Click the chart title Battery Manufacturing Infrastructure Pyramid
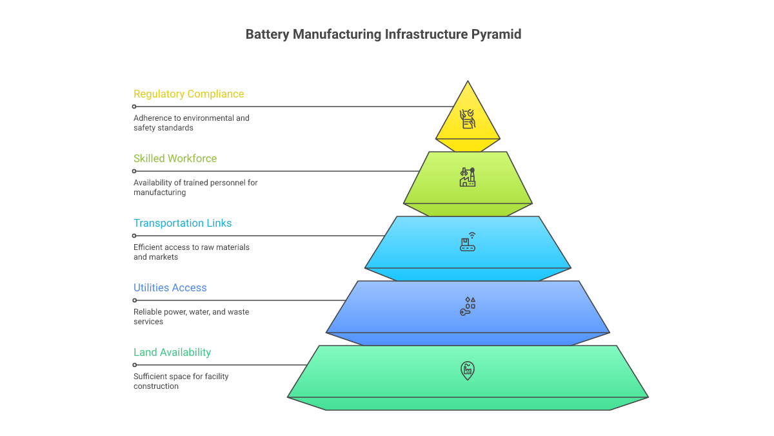pyautogui.click(x=383, y=35)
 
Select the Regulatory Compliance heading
pyautogui.click(x=188, y=94)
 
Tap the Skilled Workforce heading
pyautogui.click(x=175, y=159)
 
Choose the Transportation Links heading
pyautogui.click(x=183, y=223)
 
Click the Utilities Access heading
pyautogui.click(x=170, y=288)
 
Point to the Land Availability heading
pyautogui.click(x=172, y=353)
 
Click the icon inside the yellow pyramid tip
pyautogui.click(x=467, y=119)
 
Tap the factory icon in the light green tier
pyautogui.click(x=467, y=178)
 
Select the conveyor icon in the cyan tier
pyautogui.click(x=467, y=242)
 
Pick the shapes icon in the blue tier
pyautogui.click(x=467, y=307)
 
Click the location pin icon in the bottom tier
pyautogui.click(x=467, y=370)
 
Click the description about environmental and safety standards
pyautogui.click(x=191, y=123)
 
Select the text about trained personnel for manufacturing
pyautogui.click(x=195, y=187)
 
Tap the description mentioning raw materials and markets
pyautogui.click(x=191, y=252)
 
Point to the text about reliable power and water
pyautogui.click(x=191, y=317)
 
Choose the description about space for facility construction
pyautogui.click(x=181, y=381)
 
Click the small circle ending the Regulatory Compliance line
pyautogui.click(x=134, y=107)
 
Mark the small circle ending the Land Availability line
pyautogui.click(x=134, y=365)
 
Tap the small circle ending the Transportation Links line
pyautogui.click(x=134, y=236)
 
